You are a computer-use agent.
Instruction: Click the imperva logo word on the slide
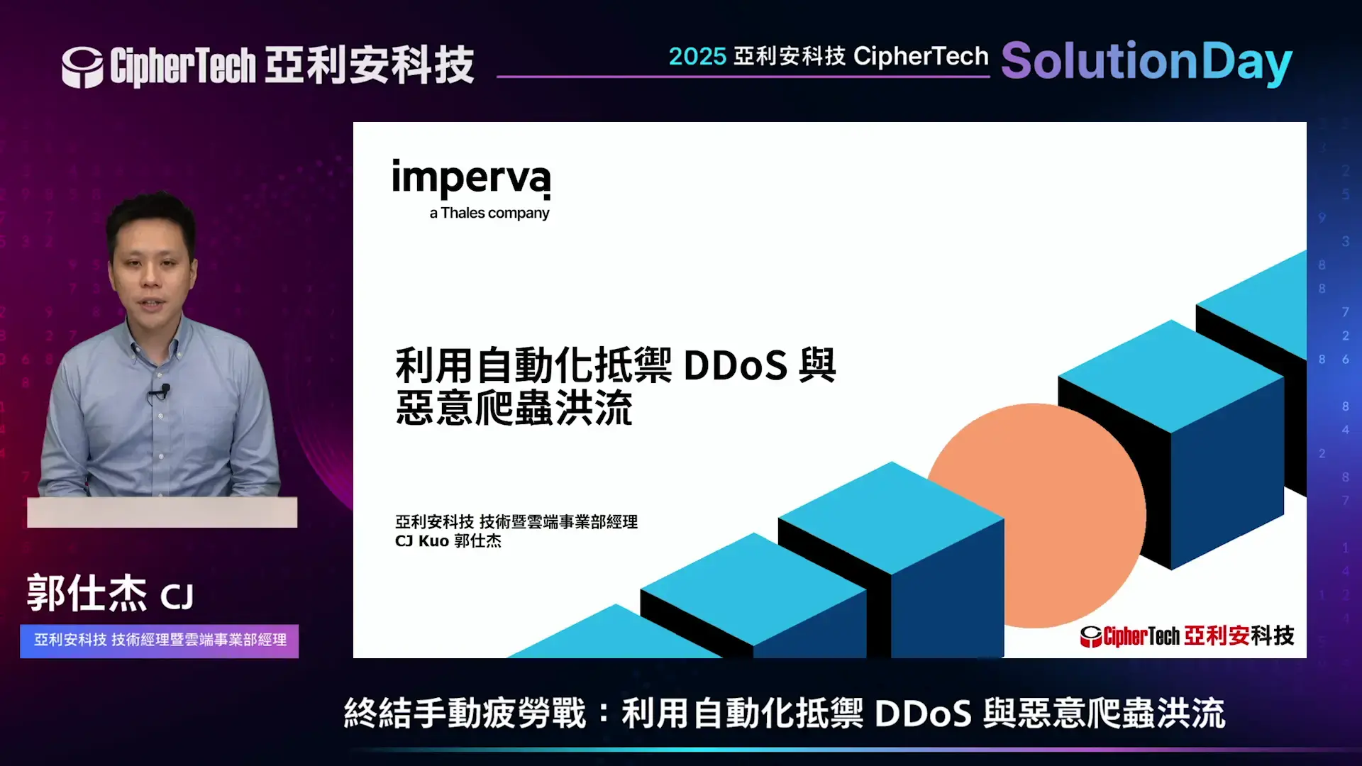(x=471, y=178)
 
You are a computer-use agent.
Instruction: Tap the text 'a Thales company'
(x=489, y=213)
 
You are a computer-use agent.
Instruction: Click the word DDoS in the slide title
(x=736, y=366)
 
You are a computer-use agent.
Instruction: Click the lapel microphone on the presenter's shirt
(x=164, y=390)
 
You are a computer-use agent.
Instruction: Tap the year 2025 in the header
(x=697, y=57)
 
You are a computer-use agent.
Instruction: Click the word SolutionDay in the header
(x=1146, y=62)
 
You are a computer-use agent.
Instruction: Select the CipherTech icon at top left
(x=82, y=67)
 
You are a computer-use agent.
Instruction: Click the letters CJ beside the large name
(x=177, y=597)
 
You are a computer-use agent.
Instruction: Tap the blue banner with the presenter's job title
(x=160, y=640)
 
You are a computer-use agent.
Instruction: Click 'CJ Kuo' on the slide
(x=421, y=541)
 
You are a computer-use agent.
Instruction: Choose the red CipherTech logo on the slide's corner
(x=1187, y=635)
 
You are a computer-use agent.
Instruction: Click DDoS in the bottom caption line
(x=923, y=714)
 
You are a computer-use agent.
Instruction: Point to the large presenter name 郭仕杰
(x=87, y=593)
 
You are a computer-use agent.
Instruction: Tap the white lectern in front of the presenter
(x=162, y=512)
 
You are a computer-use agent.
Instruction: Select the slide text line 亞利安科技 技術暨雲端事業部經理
(x=516, y=522)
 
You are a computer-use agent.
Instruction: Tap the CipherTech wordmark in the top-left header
(x=183, y=67)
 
